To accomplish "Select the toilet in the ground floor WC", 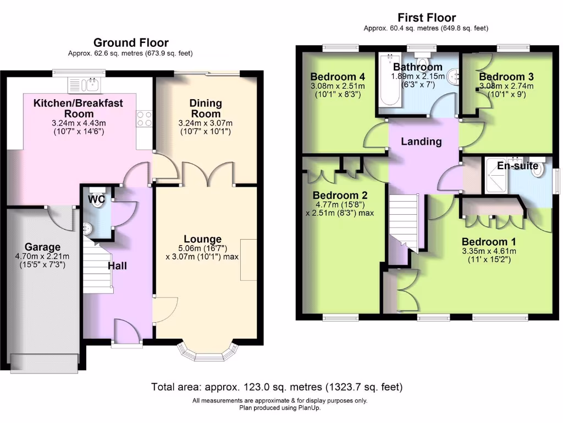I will coord(98,200).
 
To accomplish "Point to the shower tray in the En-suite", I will coord(495,176).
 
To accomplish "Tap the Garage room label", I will coord(42,247).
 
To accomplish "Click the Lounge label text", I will coord(202,239).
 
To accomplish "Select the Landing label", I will coord(421,142).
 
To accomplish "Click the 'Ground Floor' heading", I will coord(131,42).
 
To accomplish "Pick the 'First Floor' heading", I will coord(426,18).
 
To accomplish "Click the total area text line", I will coord(277,387).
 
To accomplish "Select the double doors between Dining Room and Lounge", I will coord(208,173).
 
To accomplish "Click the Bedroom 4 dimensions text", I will coord(338,90).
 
